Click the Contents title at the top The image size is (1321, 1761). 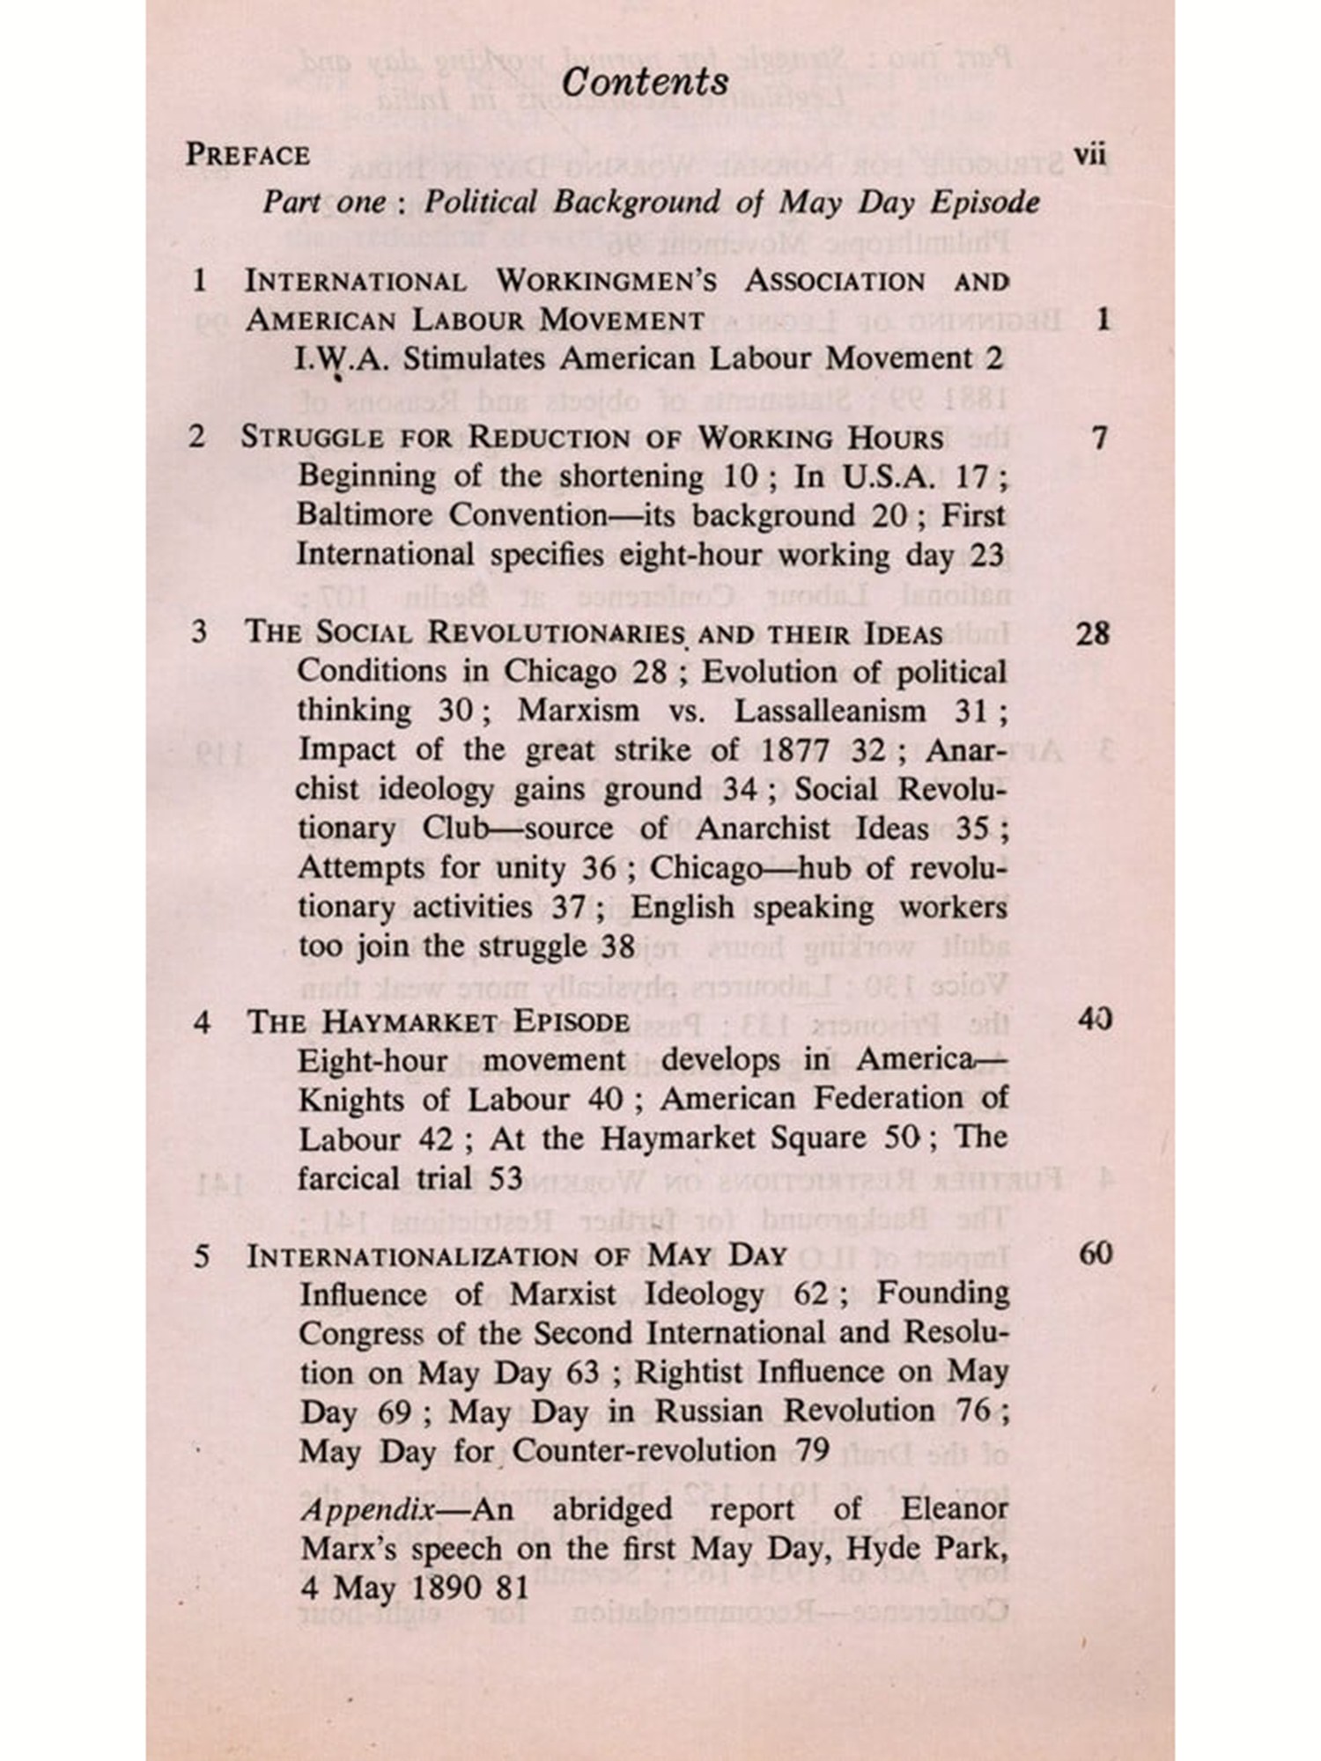pos(645,83)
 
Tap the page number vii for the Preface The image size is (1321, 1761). pos(1089,155)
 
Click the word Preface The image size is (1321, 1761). pos(247,155)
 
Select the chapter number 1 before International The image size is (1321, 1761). pos(200,281)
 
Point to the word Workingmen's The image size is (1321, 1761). pos(607,281)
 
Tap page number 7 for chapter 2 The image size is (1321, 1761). pos(1099,438)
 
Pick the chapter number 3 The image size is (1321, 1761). pos(200,632)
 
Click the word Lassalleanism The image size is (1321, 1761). pos(830,711)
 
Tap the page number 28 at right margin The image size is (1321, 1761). pos(1092,634)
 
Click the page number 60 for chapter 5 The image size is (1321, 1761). pos(1095,1254)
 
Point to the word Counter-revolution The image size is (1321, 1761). pos(644,1450)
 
